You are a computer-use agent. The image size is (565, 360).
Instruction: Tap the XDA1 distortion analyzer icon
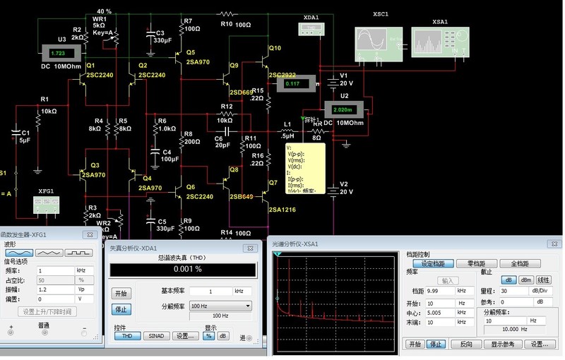[x=311, y=28]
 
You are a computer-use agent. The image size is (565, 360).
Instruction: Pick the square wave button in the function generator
[x=81, y=251]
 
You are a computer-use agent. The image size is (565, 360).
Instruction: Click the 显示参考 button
[x=502, y=344]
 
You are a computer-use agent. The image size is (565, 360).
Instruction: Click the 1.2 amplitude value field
[x=54, y=290]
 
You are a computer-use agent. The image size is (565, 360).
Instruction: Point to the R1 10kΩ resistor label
[x=47, y=105]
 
